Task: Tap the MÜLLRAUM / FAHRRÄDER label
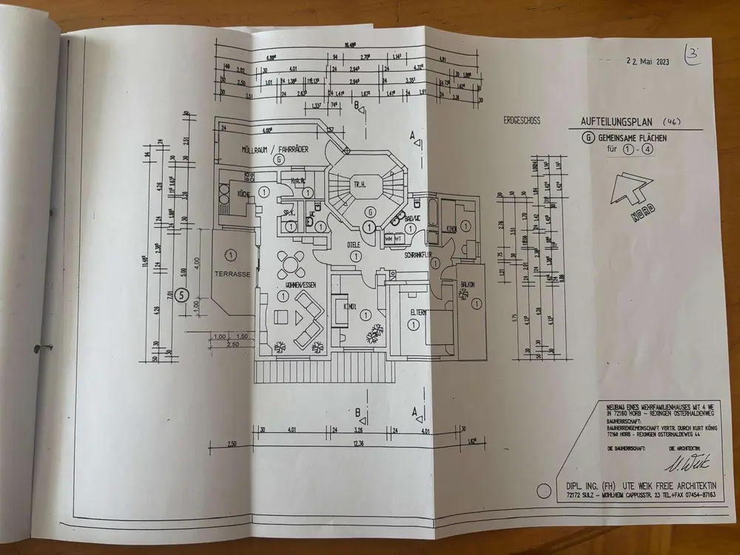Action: [274, 149]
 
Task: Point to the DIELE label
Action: [358, 244]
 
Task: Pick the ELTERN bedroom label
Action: [419, 313]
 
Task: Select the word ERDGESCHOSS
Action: [522, 120]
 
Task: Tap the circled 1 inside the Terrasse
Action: [231, 255]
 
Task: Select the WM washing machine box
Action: [387, 239]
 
